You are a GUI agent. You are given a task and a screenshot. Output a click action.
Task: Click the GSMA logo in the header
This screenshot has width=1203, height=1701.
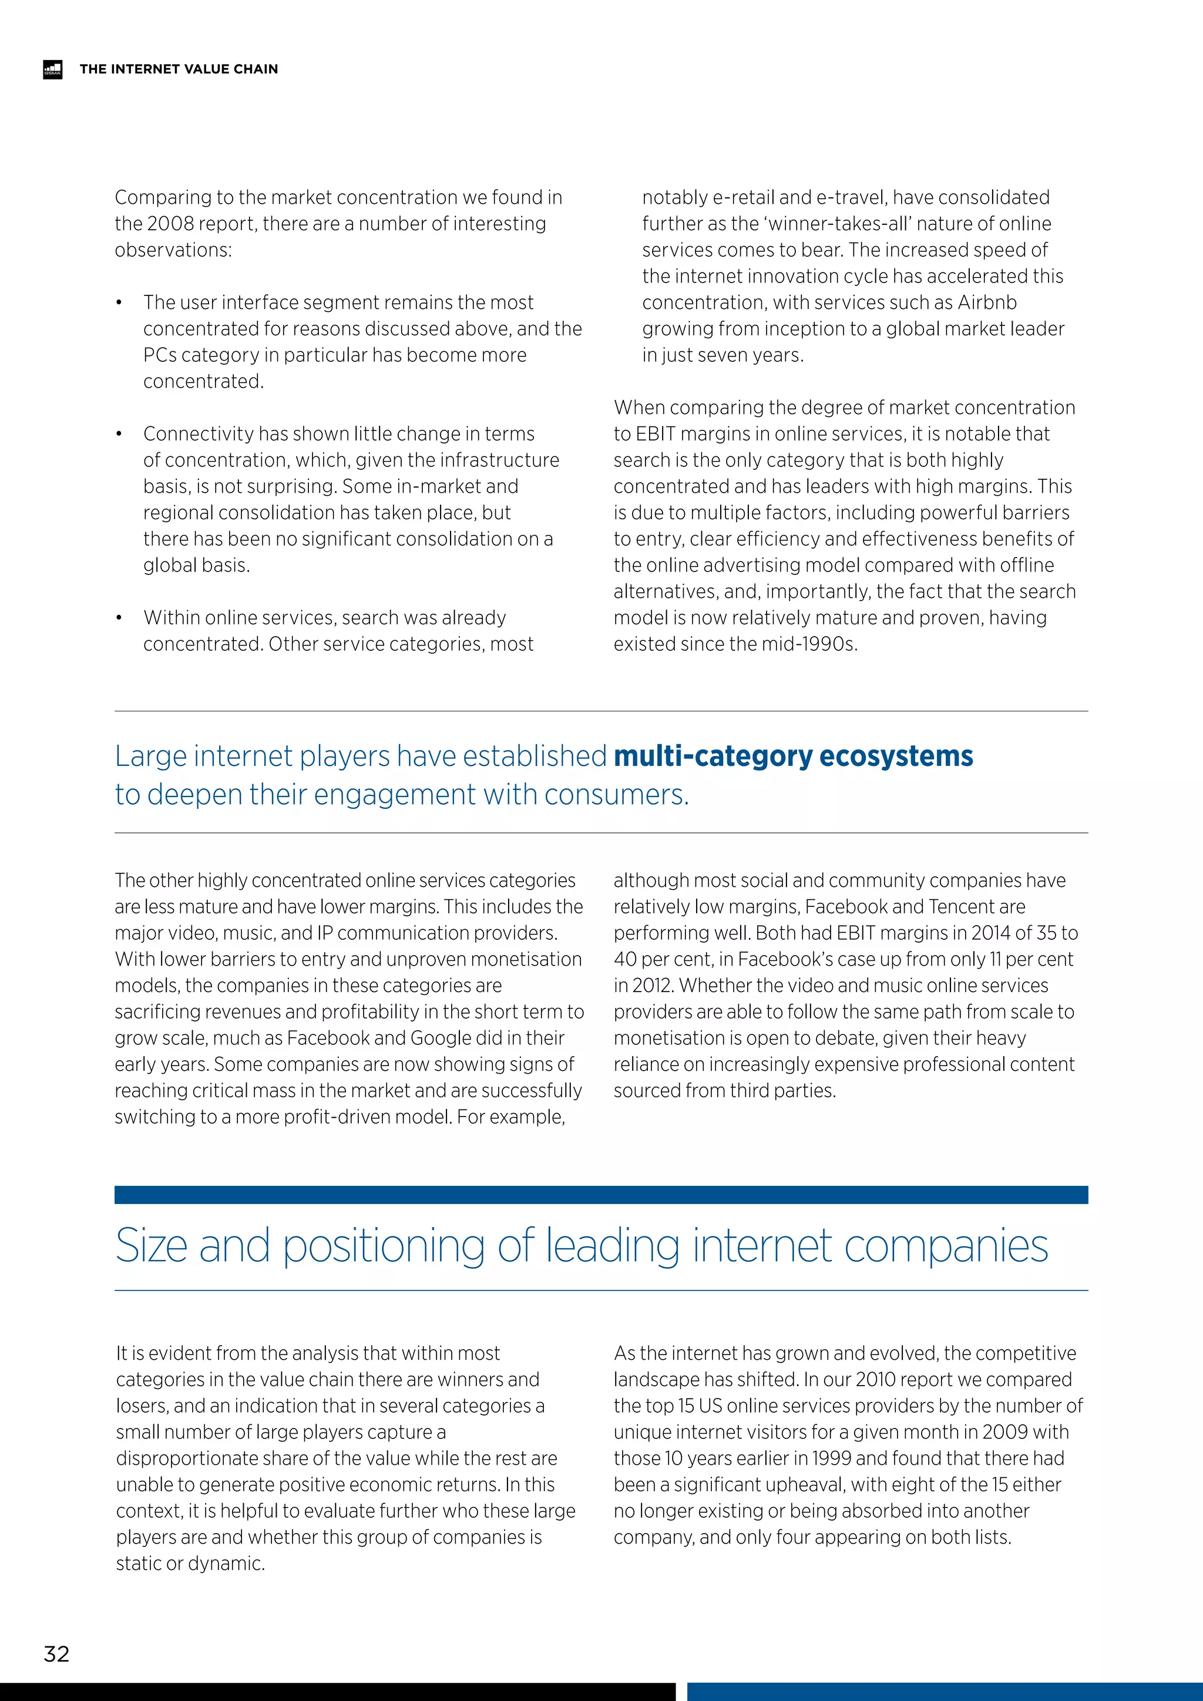(x=53, y=69)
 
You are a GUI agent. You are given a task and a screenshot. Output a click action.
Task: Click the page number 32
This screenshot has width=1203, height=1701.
(x=57, y=1653)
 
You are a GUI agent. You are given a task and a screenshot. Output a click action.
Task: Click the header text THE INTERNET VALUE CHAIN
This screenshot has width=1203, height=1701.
(x=179, y=69)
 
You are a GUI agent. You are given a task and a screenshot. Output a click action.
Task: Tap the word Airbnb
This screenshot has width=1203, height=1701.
(x=987, y=302)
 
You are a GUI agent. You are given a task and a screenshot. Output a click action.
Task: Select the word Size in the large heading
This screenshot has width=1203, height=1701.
(x=151, y=1246)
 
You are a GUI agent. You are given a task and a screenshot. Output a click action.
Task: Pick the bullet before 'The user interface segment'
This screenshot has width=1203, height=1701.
(x=119, y=303)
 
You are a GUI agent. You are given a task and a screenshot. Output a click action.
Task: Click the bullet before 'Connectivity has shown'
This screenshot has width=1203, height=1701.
(x=119, y=434)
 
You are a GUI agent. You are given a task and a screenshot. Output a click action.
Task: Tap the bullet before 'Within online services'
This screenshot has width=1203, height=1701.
(x=119, y=618)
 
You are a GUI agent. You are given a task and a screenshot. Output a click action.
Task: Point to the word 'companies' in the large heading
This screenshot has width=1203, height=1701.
(x=945, y=1246)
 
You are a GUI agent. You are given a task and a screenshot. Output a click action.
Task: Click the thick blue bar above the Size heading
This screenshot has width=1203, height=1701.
(x=601, y=1194)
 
